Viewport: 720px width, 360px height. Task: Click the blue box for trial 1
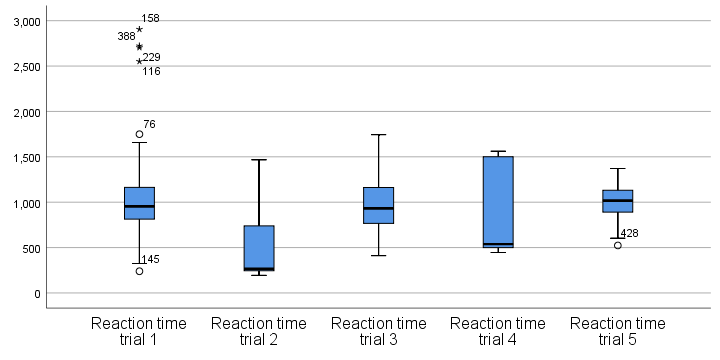click(139, 203)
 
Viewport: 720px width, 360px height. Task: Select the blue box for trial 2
click(259, 247)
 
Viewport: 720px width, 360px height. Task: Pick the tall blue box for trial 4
click(498, 200)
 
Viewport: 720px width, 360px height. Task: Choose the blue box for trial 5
click(617, 201)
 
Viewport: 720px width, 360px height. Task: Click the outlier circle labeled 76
click(139, 134)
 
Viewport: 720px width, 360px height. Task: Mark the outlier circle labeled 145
click(139, 271)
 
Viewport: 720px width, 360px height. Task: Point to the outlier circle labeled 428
click(617, 245)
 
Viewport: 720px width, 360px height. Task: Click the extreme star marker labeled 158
click(139, 29)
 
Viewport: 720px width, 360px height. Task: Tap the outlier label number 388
click(126, 37)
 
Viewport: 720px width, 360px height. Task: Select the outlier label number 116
click(151, 72)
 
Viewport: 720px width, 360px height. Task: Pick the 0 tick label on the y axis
click(36, 293)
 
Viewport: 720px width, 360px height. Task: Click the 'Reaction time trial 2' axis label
click(259, 331)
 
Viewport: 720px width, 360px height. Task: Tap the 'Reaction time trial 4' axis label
click(498, 331)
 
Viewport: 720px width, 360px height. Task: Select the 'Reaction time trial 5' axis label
click(617, 331)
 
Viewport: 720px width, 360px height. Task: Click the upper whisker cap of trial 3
click(378, 134)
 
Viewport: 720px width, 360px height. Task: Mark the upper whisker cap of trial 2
click(259, 159)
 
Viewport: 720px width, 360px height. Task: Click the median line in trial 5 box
click(617, 201)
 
